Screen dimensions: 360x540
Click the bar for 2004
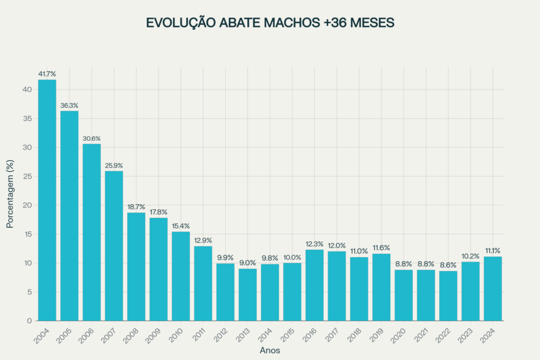click(x=47, y=200)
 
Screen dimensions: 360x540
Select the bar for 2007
click(x=114, y=246)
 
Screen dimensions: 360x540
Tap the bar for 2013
click(x=247, y=295)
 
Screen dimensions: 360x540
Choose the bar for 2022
click(x=448, y=296)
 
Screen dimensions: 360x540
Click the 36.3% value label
click(x=69, y=105)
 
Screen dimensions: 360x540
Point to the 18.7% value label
click(x=136, y=207)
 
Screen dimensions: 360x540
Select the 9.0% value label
click(x=247, y=263)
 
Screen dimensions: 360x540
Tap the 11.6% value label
click(x=381, y=248)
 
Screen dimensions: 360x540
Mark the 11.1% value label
click(x=493, y=251)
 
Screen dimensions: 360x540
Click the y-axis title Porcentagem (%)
click(x=10, y=194)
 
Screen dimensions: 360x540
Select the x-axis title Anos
click(x=270, y=350)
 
